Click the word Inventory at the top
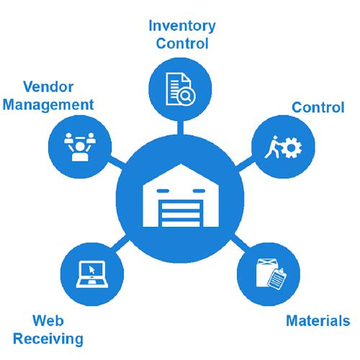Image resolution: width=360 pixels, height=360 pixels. tap(182, 27)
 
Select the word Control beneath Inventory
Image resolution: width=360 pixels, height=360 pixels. tap(182, 43)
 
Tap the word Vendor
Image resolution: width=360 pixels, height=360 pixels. tap(48, 86)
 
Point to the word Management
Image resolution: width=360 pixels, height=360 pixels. tap(48, 105)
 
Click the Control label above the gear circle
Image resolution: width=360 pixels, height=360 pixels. tap(318, 107)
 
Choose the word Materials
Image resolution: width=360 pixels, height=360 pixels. tap(318, 320)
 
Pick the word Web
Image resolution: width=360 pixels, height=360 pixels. tap(48, 320)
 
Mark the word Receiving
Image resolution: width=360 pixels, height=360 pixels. tap(48, 339)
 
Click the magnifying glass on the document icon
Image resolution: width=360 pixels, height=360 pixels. tap(186, 96)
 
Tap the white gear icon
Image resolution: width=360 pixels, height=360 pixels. tap(291, 148)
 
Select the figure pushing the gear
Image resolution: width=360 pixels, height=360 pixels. tap(273, 147)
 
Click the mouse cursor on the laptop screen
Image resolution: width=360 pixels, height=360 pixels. tap(91, 270)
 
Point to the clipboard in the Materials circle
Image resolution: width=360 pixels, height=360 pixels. tap(277, 279)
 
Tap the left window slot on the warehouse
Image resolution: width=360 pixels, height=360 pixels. tap(163, 191)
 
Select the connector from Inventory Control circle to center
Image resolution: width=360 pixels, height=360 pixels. tap(181, 127)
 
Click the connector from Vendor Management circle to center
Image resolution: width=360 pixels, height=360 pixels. tap(117, 163)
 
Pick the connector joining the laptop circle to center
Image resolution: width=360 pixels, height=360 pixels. tap(120, 243)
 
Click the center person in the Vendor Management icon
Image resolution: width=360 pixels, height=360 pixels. tap(80, 151)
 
